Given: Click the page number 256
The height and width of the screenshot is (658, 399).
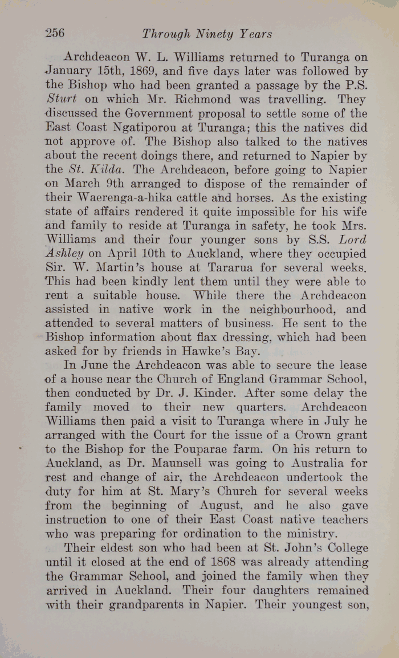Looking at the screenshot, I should pos(54,33).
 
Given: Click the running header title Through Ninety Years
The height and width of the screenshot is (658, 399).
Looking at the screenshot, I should pos(207,34).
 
